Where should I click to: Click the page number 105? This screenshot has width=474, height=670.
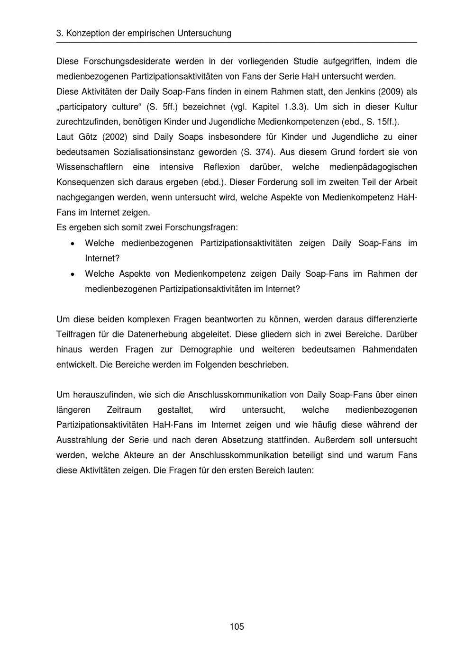(237, 627)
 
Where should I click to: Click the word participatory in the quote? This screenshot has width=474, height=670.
(86, 107)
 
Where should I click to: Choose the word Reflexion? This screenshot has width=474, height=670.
(221, 167)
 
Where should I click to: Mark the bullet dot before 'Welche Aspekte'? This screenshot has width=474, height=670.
(72, 274)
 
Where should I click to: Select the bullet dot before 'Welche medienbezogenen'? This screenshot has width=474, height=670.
(72, 244)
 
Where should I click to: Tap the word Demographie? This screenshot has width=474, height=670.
(206, 350)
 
